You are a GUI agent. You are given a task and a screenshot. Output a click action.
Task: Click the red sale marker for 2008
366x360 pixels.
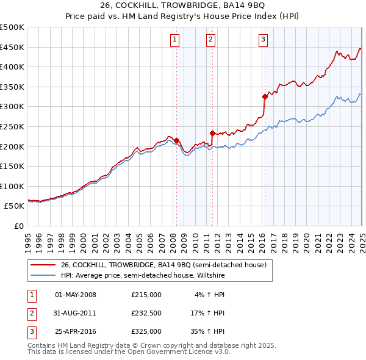pos(176,140)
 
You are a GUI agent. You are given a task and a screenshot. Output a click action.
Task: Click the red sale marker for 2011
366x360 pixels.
pos(212,133)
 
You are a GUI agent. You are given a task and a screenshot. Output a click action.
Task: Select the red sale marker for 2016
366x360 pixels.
pos(265,96)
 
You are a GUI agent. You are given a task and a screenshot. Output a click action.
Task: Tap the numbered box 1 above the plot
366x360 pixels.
pos(174,40)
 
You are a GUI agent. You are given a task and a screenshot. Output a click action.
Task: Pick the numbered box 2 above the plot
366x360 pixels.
pos(210,40)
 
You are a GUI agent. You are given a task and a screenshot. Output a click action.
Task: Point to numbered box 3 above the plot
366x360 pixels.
pos(263,40)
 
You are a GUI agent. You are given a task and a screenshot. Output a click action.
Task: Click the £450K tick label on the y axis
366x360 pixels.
pos(12,47)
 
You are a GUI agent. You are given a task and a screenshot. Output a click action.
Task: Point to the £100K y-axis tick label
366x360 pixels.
pos(12,186)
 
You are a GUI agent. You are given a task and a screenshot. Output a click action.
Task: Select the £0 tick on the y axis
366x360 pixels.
pos(18,226)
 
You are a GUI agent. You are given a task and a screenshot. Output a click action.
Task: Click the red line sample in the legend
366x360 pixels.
pos(43,265)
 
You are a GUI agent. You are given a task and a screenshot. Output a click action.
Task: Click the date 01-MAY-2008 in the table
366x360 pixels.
pos(76,295)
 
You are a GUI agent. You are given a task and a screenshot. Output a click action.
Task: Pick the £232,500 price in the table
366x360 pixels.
pos(146,314)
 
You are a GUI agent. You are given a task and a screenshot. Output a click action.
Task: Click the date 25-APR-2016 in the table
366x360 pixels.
pos(76,332)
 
